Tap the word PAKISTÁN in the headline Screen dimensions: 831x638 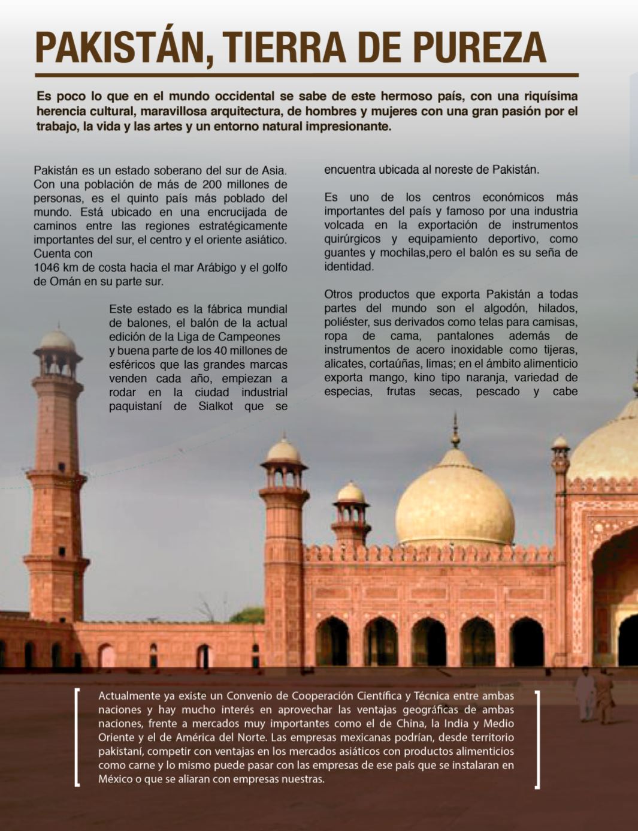pyautogui.click(x=120, y=47)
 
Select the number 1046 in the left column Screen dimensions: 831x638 pyautogui.click(x=47, y=267)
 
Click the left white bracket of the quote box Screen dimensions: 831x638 pyautogui.click(x=77, y=737)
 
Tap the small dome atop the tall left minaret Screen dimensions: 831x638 pyautogui.click(x=58, y=341)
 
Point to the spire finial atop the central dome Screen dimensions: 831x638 pyautogui.click(x=455, y=429)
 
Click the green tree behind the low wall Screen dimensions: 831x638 pyautogui.click(x=247, y=615)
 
